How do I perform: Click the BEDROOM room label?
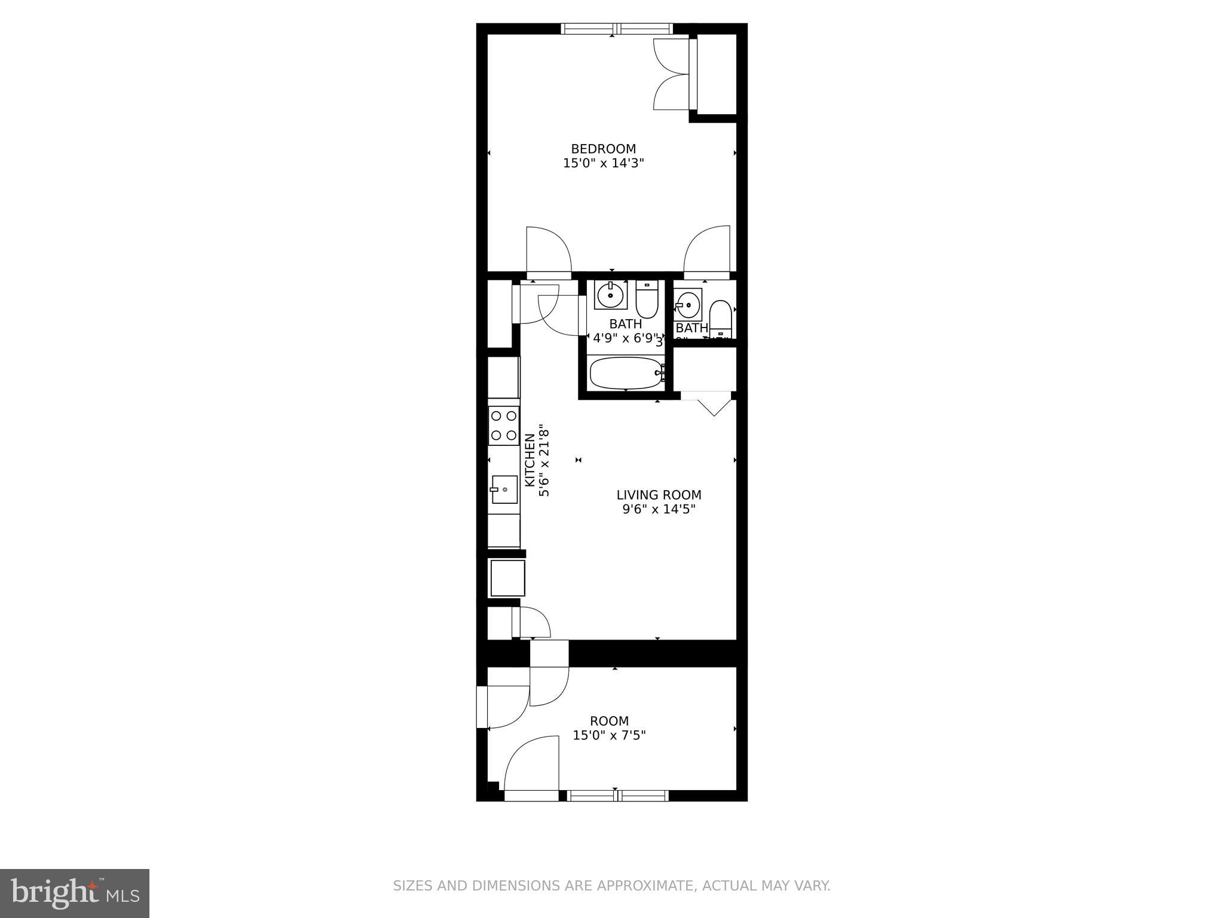[603, 149]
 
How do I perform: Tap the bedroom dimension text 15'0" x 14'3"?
[604, 163]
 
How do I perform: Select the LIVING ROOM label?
[659, 495]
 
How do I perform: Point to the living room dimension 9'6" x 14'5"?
[659, 510]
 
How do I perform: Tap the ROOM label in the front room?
[609, 721]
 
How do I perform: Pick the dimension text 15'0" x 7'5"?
[609, 736]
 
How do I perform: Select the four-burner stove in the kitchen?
[503, 426]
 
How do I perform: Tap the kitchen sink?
[504, 490]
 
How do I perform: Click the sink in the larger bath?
[610, 294]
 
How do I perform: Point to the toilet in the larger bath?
[646, 299]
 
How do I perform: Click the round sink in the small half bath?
[688, 305]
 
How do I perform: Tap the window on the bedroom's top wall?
[616, 29]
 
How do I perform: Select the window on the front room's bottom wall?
[617, 795]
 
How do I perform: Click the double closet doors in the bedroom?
[672, 74]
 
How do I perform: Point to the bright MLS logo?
[75, 893]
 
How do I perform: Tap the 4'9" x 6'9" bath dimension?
[625, 338]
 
